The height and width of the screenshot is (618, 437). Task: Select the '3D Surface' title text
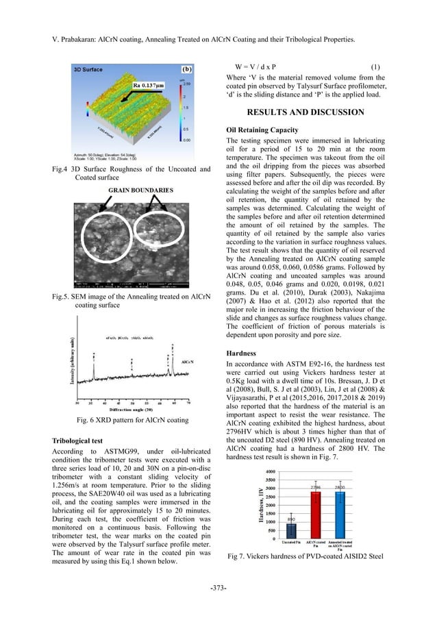coord(88,70)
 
